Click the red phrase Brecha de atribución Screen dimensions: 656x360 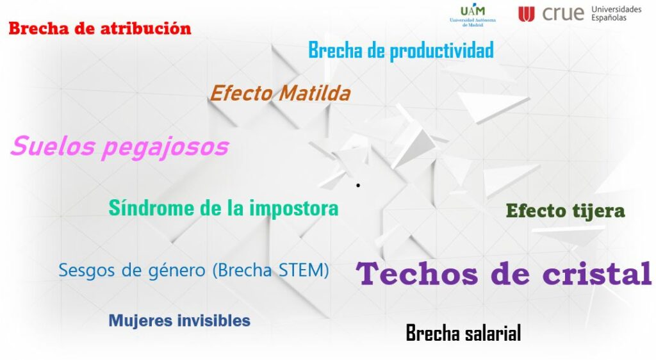pyautogui.click(x=100, y=28)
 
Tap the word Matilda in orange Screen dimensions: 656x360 pyautogui.click(x=315, y=93)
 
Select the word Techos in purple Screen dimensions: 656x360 pyautogui.click(x=417, y=274)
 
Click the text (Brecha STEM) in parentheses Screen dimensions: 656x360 pyautogui.click(x=271, y=270)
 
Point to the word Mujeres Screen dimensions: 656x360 pyautogui.click(x=140, y=321)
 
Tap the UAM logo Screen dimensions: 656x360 pyautogui.click(x=473, y=16)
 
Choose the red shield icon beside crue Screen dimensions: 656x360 pyautogui.click(x=527, y=14)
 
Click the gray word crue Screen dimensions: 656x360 pyautogui.click(x=562, y=14)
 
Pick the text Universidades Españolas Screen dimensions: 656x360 pyautogui.click(x=616, y=13)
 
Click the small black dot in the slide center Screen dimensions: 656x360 pyautogui.click(x=358, y=185)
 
